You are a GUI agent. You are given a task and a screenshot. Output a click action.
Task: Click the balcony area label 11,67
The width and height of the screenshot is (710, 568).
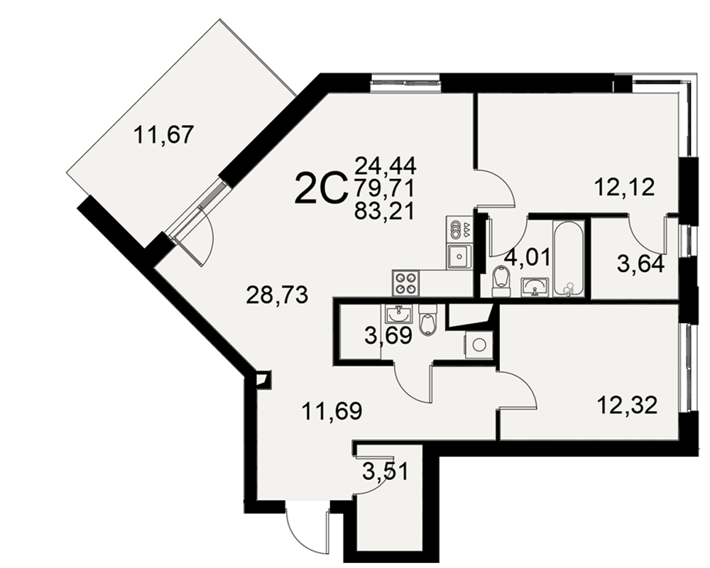point(165,135)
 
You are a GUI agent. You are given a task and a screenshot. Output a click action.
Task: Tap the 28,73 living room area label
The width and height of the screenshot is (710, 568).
point(277,295)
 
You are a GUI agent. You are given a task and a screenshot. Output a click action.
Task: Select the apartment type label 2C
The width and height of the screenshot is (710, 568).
point(321,190)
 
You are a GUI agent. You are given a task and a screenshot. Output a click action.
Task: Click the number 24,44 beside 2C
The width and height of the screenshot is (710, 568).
point(386,165)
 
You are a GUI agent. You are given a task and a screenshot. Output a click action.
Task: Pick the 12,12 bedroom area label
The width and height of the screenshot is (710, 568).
point(624,187)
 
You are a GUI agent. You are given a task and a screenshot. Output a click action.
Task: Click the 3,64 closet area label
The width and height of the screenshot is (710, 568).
point(640,264)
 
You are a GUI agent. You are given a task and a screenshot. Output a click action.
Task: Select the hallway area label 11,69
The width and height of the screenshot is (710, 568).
point(332,411)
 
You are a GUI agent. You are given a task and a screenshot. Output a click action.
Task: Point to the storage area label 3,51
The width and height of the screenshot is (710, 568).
point(386,471)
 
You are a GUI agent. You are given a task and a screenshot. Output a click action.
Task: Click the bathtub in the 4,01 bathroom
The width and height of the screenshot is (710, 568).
point(568,259)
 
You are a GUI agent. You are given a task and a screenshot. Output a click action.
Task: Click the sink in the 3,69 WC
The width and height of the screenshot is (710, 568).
point(399,312)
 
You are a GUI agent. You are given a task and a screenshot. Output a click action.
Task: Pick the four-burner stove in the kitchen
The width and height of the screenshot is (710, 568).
point(406,283)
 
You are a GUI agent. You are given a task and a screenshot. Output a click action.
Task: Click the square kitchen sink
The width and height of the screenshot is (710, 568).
point(459,256)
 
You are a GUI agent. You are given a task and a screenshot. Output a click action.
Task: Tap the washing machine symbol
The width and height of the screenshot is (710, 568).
point(477,344)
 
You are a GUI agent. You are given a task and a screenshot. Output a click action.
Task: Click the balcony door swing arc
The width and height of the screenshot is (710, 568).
point(204,235)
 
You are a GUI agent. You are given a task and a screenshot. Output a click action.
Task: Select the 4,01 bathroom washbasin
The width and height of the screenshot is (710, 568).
point(535,287)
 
